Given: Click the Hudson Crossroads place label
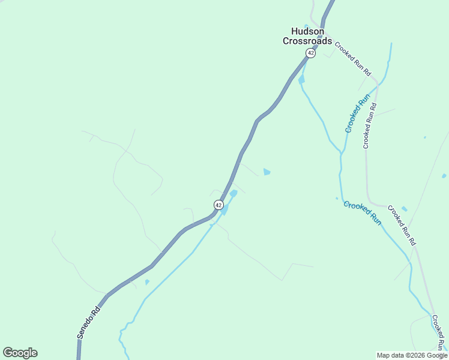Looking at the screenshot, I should coord(307,37).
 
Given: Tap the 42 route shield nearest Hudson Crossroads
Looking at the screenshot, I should coord(310,53).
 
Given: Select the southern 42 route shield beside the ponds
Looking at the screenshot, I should coord(218,205).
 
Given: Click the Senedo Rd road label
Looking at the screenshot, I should coord(88,323).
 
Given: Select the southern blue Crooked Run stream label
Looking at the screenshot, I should coord(363,212).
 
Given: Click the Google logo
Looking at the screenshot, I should coord(20,353).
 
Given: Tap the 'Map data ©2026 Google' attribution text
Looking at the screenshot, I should coord(412,355).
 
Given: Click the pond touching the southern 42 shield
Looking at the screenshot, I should coord(225,209).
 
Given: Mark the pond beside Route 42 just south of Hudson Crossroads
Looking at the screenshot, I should coord(301,79).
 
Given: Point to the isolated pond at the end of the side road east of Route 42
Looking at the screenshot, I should coord(267,172).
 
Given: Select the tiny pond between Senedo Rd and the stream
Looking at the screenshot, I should coord(147,281).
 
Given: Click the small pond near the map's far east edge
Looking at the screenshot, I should coord(444,176).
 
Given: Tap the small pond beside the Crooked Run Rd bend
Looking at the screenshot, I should coord(404,209).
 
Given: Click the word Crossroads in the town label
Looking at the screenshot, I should coord(307,41).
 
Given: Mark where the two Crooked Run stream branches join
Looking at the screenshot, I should coord(341,154).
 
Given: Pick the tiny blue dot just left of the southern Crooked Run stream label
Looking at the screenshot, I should coord(337,198).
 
